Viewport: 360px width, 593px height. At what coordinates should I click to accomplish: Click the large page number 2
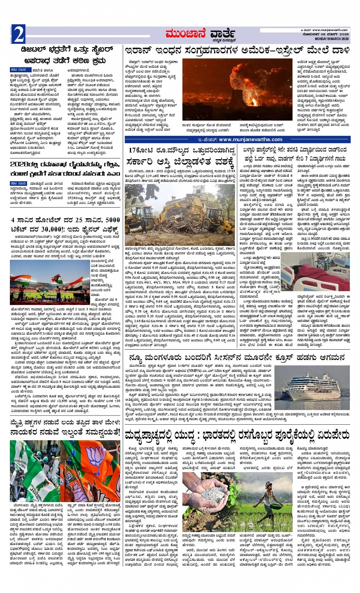(18, 35)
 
